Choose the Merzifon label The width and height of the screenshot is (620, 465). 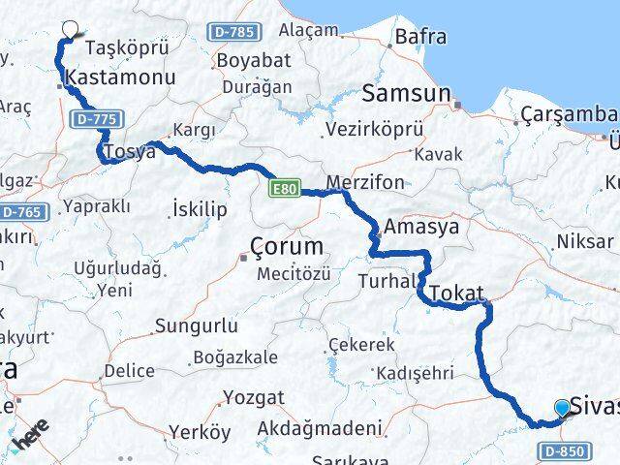363,183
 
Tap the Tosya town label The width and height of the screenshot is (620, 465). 130,152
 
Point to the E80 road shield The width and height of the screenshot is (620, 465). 286,188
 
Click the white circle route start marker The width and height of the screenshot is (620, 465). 70,29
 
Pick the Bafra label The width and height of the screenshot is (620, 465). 420,38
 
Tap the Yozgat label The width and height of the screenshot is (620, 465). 254,397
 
